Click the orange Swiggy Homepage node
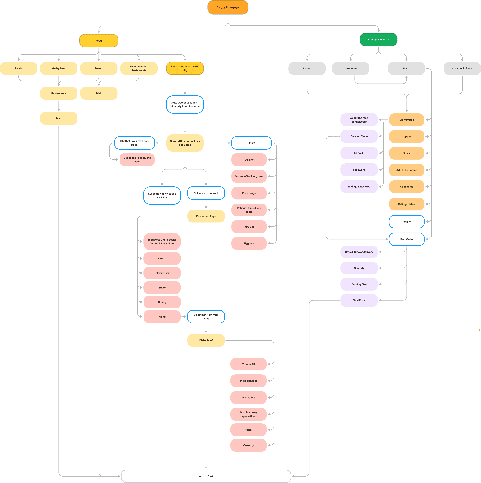tap(228, 7)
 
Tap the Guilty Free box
tap(59, 68)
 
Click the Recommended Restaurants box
tap(139, 68)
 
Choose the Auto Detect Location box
tap(185, 105)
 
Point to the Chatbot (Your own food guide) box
tap(135, 143)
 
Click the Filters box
tap(251, 143)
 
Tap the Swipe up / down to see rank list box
tap(162, 195)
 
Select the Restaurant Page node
tap(206, 216)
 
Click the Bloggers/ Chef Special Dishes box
tap(162, 241)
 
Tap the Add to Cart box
tap(206, 476)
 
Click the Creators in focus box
tap(462, 68)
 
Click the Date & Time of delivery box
tap(359, 252)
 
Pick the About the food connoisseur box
tap(359, 120)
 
